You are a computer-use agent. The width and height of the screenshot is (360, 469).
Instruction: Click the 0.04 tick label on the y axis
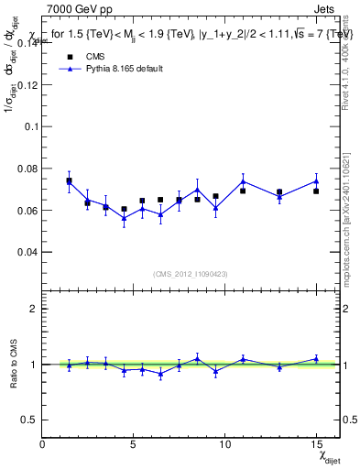[27, 252]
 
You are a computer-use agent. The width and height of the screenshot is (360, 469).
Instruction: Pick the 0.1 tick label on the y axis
[31, 127]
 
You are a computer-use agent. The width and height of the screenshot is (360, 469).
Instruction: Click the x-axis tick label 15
[316, 444]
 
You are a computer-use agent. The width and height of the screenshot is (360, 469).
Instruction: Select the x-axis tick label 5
[134, 444]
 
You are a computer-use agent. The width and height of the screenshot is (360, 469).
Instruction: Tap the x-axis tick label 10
[224, 444]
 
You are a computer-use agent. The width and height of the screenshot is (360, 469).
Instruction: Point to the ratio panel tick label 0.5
[29, 420]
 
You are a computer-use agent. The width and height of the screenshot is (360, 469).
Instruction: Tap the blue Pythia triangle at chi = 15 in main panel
[316, 180]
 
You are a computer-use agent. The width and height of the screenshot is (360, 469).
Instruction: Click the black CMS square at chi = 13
[279, 192]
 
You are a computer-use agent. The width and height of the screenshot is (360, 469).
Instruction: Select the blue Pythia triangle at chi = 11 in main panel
[243, 181]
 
